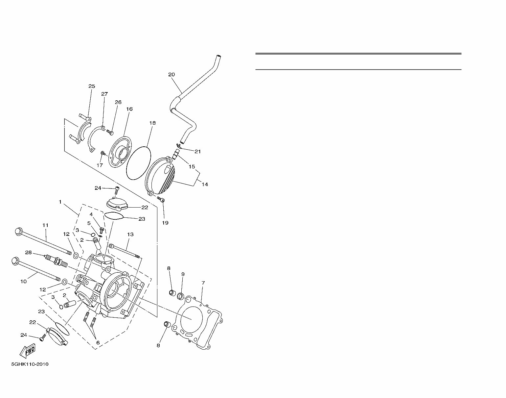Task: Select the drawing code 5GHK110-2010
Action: pyautogui.click(x=30, y=364)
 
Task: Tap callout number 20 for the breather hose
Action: pyautogui.click(x=172, y=74)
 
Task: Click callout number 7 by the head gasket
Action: pyautogui.click(x=203, y=283)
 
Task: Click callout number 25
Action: pyautogui.click(x=92, y=86)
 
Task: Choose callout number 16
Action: pyautogui.click(x=129, y=109)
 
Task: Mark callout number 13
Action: pyautogui.click(x=130, y=235)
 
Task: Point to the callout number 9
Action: pyautogui.click(x=183, y=274)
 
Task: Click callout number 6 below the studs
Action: pyautogui.click(x=98, y=342)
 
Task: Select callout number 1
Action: pyautogui.click(x=60, y=202)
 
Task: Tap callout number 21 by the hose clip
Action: pyautogui.click(x=197, y=152)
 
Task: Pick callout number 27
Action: pyautogui.click(x=104, y=94)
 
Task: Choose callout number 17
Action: pyautogui.click(x=100, y=165)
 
